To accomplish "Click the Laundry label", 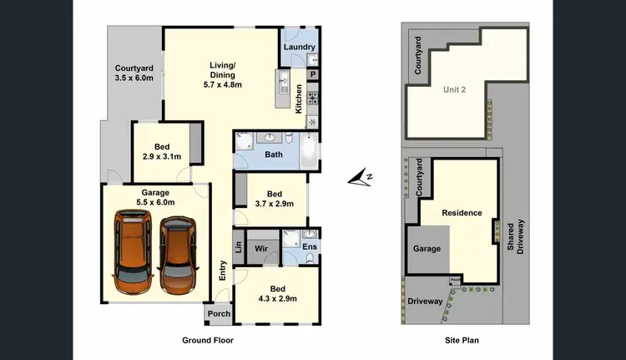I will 299,48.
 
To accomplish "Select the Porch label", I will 219,314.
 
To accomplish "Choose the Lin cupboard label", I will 239,249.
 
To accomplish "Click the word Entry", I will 223,270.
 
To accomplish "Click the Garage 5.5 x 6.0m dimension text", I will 154,203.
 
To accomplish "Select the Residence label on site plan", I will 462,212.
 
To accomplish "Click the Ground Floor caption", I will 208,341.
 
